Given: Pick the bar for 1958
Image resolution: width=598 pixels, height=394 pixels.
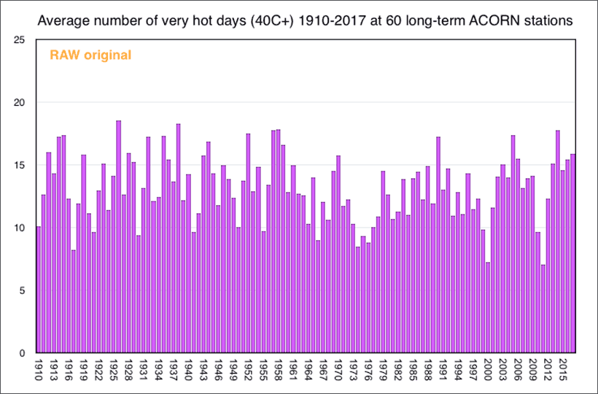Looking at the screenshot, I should click(278, 241).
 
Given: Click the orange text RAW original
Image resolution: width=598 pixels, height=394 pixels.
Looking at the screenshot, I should click(90, 55).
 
